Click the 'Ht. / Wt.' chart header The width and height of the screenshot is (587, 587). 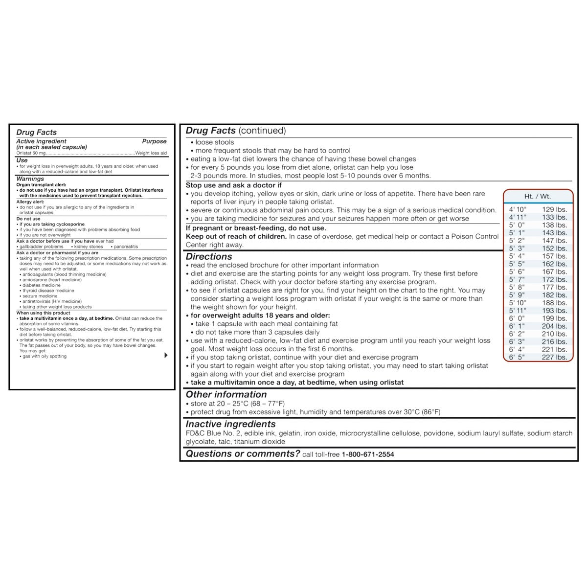[537, 196]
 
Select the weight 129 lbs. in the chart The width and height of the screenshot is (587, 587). [554, 209]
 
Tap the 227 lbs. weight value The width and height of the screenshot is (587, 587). [554, 357]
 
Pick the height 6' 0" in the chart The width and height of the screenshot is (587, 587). [517, 318]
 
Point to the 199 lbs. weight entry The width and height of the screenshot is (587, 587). [554, 318]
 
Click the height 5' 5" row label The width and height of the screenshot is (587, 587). [517, 264]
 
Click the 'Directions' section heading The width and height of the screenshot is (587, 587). [209, 256]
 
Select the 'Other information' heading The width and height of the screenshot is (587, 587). [226, 394]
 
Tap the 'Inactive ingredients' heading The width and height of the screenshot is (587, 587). [230, 424]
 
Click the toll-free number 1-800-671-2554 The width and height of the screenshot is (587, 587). [368, 454]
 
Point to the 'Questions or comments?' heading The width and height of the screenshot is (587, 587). [243, 453]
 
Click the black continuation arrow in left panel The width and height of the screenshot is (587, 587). [166, 355]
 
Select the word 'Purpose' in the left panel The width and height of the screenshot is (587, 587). [154, 141]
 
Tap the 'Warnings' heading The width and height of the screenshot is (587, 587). [30, 179]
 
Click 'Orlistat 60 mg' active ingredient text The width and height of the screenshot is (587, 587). [31, 153]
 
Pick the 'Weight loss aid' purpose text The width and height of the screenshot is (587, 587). [151, 153]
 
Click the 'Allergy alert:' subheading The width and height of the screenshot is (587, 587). [30, 202]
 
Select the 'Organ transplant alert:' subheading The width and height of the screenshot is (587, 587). [41, 185]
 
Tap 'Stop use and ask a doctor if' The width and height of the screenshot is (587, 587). [233, 185]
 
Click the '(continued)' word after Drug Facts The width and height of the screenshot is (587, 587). [262, 131]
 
